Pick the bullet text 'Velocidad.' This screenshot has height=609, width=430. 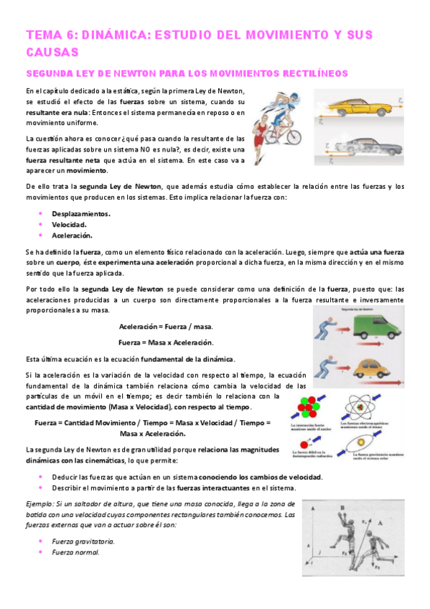[x=70, y=225]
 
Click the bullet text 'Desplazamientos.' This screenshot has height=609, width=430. [x=81, y=214]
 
